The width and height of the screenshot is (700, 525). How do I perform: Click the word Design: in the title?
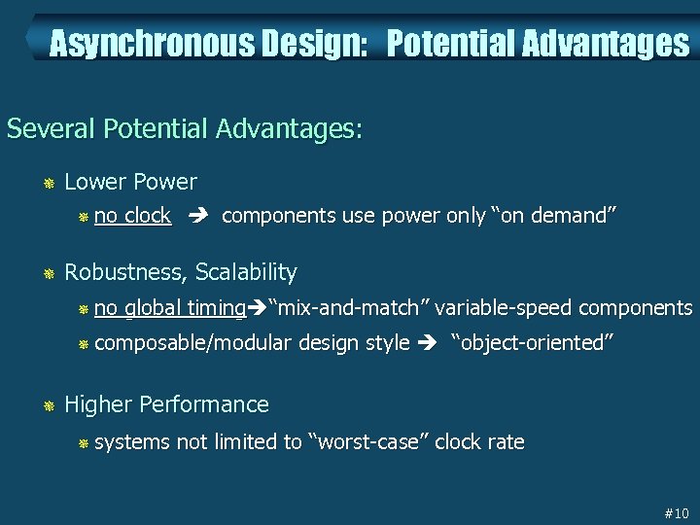305,44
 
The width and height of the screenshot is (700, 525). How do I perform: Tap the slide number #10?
675,512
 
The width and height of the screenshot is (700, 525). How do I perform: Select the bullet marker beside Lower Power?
49,183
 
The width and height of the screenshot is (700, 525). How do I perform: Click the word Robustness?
126,272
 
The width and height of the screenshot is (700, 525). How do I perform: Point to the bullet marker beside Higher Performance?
49,405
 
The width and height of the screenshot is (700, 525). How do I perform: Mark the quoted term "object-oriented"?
532,343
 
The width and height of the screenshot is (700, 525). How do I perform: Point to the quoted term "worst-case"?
368,442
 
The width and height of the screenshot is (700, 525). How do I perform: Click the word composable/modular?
193,343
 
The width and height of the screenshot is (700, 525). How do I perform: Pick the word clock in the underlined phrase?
149,216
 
